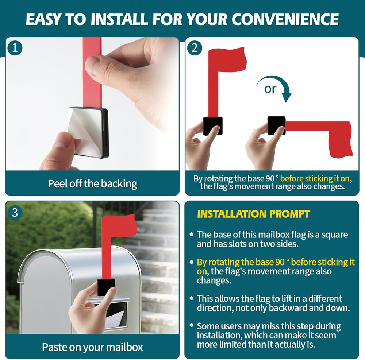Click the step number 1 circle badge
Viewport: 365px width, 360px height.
point(15,48)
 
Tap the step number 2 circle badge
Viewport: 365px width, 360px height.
point(195,48)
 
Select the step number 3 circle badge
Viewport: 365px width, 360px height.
point(15,213)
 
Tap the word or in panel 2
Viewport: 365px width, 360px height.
point(270,89)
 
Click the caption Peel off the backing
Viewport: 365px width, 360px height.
point(92,183)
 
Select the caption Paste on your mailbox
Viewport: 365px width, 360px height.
point(92,347)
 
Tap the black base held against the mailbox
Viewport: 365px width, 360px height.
point(106,287)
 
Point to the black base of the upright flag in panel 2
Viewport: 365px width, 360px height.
point(213,125)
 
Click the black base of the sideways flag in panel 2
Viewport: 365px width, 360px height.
point(276,125)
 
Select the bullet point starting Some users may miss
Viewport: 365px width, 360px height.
point(269,335)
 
